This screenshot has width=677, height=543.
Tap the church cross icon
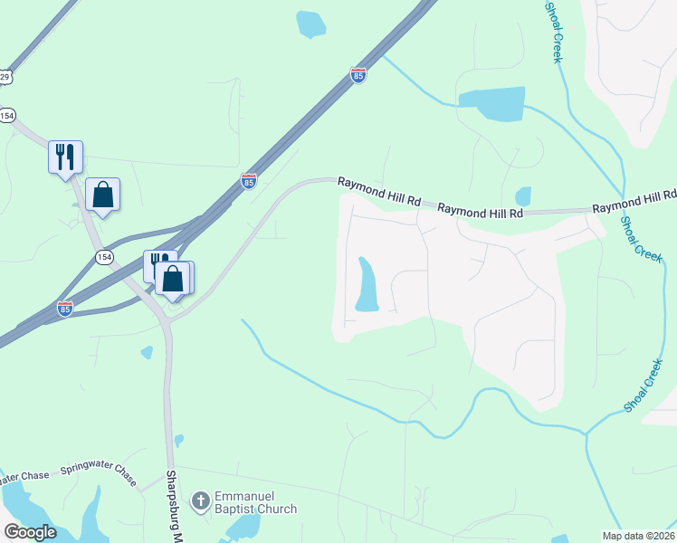(200, 500)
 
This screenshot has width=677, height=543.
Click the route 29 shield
(5, 78)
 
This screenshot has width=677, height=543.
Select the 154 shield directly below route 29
(8, 115)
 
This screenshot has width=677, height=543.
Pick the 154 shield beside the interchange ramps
(105, 258)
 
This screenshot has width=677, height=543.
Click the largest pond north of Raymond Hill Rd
(491, 104)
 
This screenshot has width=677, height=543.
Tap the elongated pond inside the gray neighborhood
(367, 285)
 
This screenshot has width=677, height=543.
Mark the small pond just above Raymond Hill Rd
(522, 196)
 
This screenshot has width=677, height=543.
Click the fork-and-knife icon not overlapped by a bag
(65, 157)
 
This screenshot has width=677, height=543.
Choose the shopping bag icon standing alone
(102, 195)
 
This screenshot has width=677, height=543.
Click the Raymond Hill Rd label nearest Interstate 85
(379, 191)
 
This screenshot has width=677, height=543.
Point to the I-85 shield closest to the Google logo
(64, 309)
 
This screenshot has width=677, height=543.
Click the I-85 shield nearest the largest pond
(358, 76)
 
